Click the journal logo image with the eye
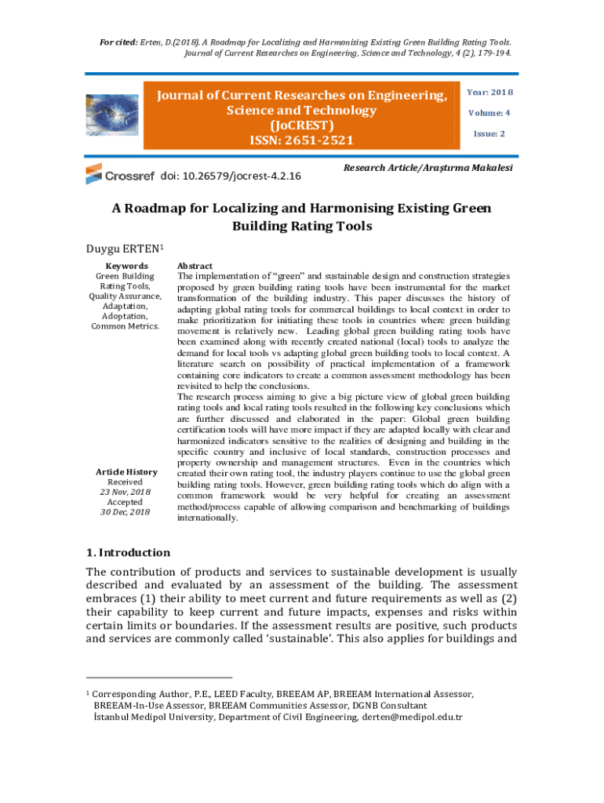[x=110, y=117]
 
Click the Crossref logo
[x=119, y=175]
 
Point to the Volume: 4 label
[x=489, y=113]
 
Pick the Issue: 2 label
[x=489, y=133]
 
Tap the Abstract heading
[x=195, y=266]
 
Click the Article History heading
[x=126, y=472]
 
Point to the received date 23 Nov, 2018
[x=126, y=492]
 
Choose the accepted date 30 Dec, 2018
[x=126, y=512]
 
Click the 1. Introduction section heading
[x=128, y=552]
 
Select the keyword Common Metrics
[x=126, y=326]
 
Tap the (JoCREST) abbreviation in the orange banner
[x=302, y=125]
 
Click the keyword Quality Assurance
[x=126, y=296]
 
